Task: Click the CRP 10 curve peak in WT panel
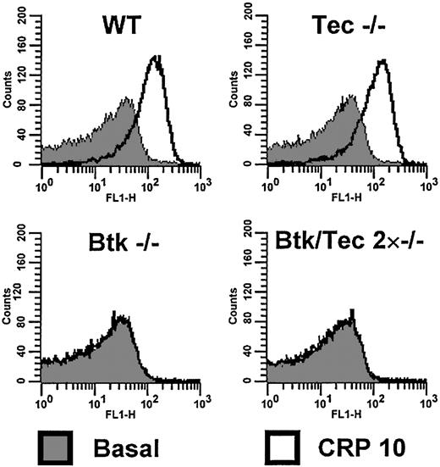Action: pos(155,58)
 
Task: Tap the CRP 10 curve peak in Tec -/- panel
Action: pos(382,60)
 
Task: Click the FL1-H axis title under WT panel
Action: pos(120,195)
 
